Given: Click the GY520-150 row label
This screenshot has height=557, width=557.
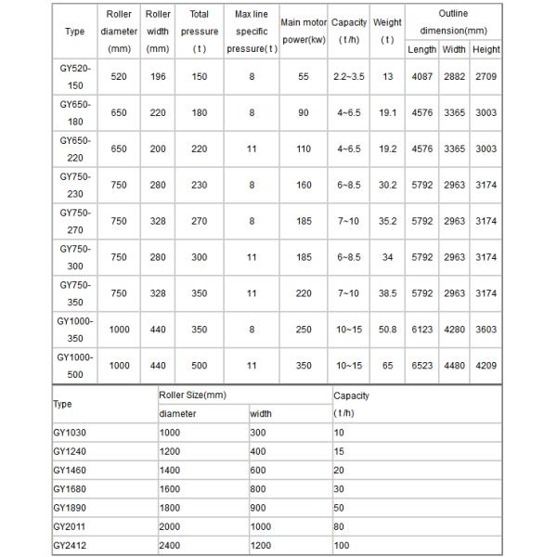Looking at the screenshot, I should [74, 76].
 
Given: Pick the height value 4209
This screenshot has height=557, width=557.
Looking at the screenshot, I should [486, 365].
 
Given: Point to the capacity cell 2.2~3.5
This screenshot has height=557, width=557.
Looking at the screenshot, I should [349, 76].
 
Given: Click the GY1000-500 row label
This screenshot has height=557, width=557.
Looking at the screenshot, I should [74, 365].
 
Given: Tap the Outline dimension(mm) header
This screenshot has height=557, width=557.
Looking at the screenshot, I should [453, 22].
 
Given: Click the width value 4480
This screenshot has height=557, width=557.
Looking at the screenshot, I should [454, 365].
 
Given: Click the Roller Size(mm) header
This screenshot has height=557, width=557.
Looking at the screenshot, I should [192, 395].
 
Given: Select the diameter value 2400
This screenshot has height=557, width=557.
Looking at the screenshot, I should [173, 544].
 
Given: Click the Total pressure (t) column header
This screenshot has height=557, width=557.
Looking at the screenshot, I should [199, 31].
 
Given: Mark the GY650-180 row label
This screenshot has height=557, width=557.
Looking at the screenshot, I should [74, 112].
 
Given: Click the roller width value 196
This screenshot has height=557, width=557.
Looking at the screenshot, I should [158, 76].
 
